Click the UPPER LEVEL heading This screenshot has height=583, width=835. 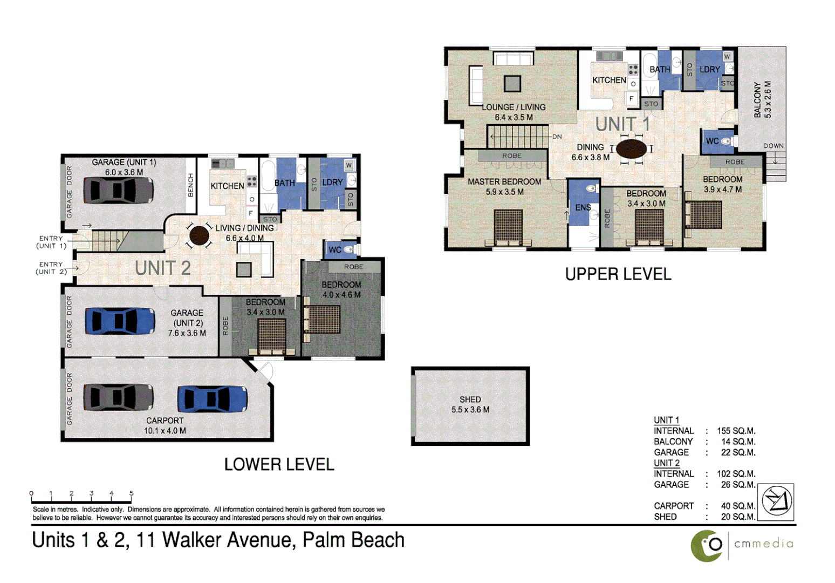618,274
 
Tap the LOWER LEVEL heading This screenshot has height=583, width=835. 279,464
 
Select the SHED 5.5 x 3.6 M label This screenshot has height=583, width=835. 470,404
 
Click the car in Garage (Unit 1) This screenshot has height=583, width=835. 118,190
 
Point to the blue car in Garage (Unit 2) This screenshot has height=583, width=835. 120,321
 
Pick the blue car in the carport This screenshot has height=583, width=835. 213,399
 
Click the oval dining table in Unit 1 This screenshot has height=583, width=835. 631,149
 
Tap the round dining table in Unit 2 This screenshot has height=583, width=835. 199,235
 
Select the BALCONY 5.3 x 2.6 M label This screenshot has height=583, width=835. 762,100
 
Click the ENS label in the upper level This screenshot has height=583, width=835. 583,207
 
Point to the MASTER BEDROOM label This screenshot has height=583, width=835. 504,182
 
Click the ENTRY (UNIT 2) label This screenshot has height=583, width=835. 51,268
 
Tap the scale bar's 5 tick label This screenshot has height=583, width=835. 131,493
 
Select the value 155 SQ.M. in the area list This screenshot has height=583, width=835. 736,431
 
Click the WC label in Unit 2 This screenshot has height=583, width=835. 335,250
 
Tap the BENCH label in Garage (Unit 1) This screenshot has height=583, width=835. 190,185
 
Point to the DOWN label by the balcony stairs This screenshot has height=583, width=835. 773,146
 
